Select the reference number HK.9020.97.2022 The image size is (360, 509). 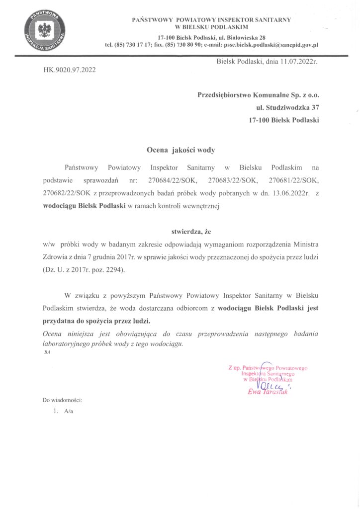click(x=69, y=70)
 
